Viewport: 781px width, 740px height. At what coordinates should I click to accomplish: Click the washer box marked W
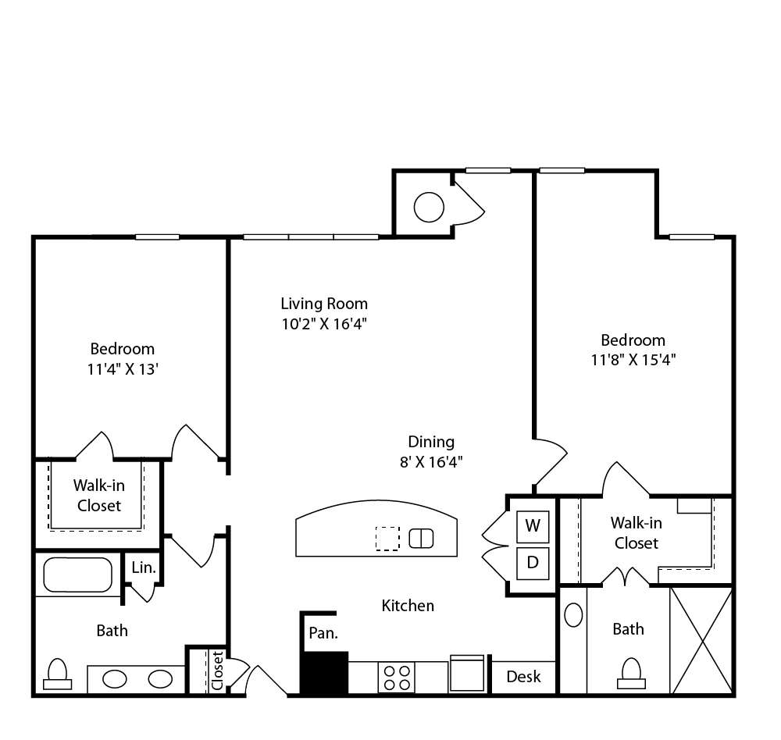click(533, 526)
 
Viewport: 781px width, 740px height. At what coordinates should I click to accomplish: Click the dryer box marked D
click(533, 564)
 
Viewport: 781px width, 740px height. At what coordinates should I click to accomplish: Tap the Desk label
click(523, 676)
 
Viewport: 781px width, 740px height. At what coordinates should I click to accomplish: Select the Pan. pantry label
click(323, 633)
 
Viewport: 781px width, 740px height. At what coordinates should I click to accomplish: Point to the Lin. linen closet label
click(144, 567)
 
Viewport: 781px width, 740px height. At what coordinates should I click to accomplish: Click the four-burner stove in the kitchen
click(397, 678)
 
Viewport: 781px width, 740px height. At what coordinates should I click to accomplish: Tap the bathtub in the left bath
click(77, 575)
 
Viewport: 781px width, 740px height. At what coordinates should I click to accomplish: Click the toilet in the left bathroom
click(57, 674)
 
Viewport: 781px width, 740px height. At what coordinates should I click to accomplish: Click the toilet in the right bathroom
click(631, 674)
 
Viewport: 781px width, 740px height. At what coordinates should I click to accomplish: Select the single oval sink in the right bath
click(573, 615)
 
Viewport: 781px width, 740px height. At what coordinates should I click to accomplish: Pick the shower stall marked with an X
click(701, 640)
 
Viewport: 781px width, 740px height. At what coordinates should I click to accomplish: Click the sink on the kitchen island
click(422, 539)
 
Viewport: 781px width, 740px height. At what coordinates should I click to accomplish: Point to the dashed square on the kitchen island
click(387, 539)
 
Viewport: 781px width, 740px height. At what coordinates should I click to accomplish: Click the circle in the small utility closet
click(429, 207)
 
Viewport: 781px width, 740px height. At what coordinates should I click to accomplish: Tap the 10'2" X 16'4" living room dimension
click(324, 324)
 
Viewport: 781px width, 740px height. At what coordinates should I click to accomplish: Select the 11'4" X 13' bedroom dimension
click(123, 369)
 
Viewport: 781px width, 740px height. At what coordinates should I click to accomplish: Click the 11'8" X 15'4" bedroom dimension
click(633, 360)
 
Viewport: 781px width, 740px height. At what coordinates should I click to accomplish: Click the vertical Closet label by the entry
click(218, 671)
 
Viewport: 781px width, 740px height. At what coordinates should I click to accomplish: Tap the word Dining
click(431, 443)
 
